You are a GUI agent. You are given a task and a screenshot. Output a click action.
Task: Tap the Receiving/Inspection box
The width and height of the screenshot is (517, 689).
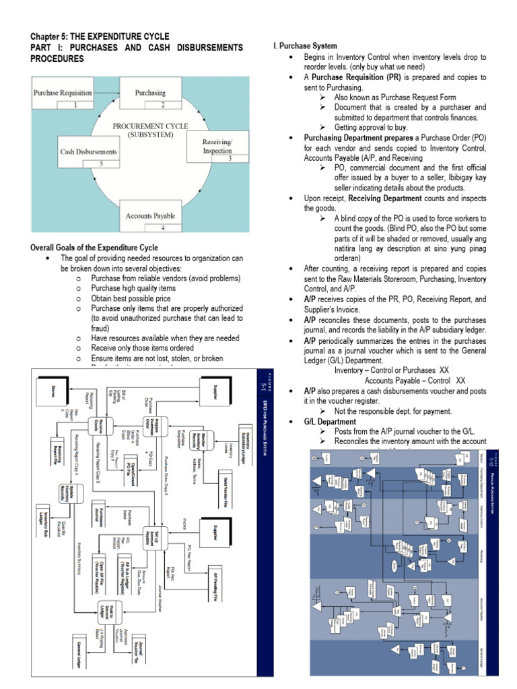[x=217, y=146]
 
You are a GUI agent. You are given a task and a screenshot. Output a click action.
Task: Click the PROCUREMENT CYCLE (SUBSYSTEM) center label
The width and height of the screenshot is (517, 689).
[x=150, y=130]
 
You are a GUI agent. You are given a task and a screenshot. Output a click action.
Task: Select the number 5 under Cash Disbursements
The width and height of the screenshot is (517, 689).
[x=102, y=163]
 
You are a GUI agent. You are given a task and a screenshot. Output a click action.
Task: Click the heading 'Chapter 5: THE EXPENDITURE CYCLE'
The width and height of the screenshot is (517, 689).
[x=102, y=36]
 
